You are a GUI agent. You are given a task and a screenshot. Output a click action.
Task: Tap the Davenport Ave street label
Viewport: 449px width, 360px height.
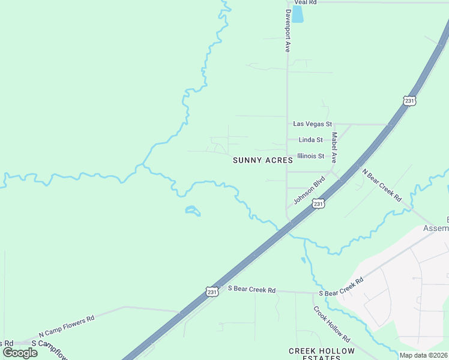288,31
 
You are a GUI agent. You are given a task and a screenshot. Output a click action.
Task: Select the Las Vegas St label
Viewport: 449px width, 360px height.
312,124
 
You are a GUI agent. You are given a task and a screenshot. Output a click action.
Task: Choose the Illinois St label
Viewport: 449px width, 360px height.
311,156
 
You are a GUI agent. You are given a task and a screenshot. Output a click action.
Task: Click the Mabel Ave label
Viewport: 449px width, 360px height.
334,148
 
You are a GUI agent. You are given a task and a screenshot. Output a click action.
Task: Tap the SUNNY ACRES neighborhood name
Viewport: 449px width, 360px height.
262,160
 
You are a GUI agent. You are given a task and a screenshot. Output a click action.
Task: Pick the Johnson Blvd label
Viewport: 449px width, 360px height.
309,189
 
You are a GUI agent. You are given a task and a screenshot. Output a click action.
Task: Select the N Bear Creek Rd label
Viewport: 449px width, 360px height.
381,184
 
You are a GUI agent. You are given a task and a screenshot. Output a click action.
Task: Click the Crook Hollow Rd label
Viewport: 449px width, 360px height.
331,324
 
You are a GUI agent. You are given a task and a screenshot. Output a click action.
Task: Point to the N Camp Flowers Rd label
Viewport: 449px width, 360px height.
67,326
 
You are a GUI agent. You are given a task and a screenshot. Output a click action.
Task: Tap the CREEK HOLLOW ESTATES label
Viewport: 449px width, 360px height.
321,354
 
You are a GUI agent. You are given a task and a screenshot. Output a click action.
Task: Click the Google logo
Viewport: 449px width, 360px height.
20,353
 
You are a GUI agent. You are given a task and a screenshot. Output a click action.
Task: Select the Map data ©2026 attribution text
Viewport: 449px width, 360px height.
424,355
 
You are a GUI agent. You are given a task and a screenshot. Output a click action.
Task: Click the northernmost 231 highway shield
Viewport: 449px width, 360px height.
409,101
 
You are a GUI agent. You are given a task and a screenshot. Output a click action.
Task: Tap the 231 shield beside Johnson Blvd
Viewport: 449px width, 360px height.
319,204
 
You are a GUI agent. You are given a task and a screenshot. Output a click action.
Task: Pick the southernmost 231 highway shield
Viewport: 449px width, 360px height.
212,292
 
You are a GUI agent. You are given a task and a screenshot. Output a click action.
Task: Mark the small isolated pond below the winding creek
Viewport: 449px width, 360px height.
192,211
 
